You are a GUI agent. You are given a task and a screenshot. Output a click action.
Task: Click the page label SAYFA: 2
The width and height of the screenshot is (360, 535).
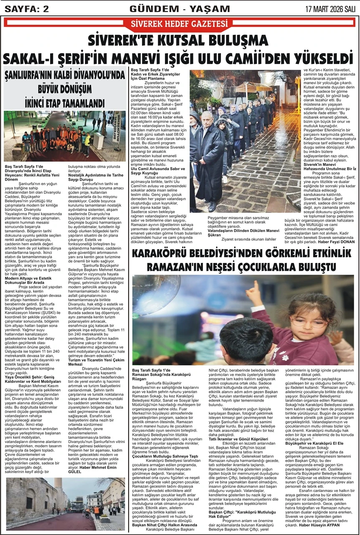(25, 8)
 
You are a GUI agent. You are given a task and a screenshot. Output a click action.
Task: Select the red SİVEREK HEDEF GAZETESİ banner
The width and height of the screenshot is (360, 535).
(180, 23)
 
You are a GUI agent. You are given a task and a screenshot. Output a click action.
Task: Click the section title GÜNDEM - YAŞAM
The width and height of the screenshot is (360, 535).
(180, 8)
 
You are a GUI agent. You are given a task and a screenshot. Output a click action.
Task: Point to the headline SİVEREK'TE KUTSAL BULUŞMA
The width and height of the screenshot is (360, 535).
(180, 41)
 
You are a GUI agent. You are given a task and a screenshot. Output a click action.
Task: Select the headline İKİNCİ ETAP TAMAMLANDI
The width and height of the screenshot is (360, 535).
(65, 102)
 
